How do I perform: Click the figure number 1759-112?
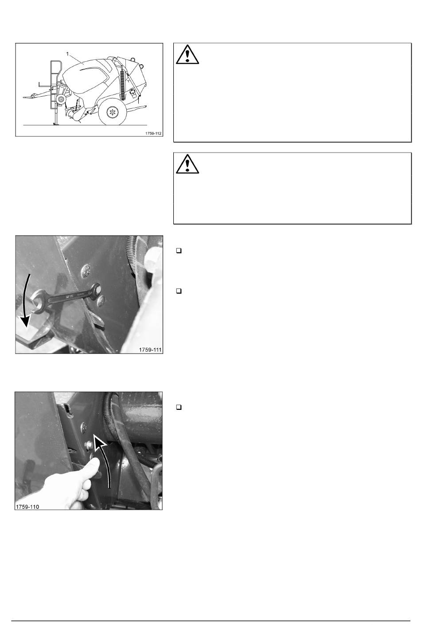pos(153,134)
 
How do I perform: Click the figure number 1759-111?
pos(150,350)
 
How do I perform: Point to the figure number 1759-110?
pos(27,507)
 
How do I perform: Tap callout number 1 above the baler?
pos(67,54)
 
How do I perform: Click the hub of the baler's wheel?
pos(113,112)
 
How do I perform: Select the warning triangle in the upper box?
pos(187,55)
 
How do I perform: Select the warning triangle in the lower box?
pos(187,164)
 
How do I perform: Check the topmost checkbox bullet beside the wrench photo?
pos(179,251)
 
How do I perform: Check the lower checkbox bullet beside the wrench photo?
pos(179,291)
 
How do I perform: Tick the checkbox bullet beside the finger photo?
pos(179,407)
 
